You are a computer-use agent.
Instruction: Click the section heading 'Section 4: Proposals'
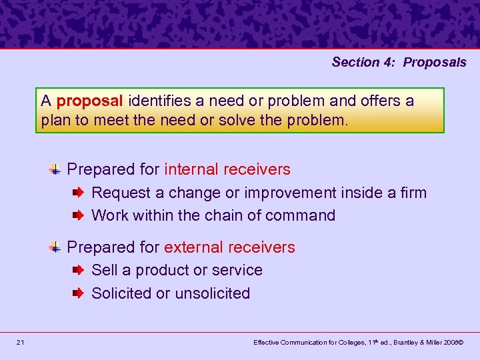[399, 62]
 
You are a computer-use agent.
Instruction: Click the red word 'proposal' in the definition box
[90, 101]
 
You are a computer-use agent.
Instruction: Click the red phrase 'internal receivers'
[227, 169]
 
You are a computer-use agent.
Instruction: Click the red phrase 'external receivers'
[229, 247]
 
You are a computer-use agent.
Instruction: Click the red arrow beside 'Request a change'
[78, 193]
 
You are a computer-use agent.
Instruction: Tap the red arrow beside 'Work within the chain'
[78, 216]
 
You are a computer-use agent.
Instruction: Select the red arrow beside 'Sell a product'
[78, 271]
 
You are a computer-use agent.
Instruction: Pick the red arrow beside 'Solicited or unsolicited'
[78, 293]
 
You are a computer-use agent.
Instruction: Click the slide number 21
[21, 343]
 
